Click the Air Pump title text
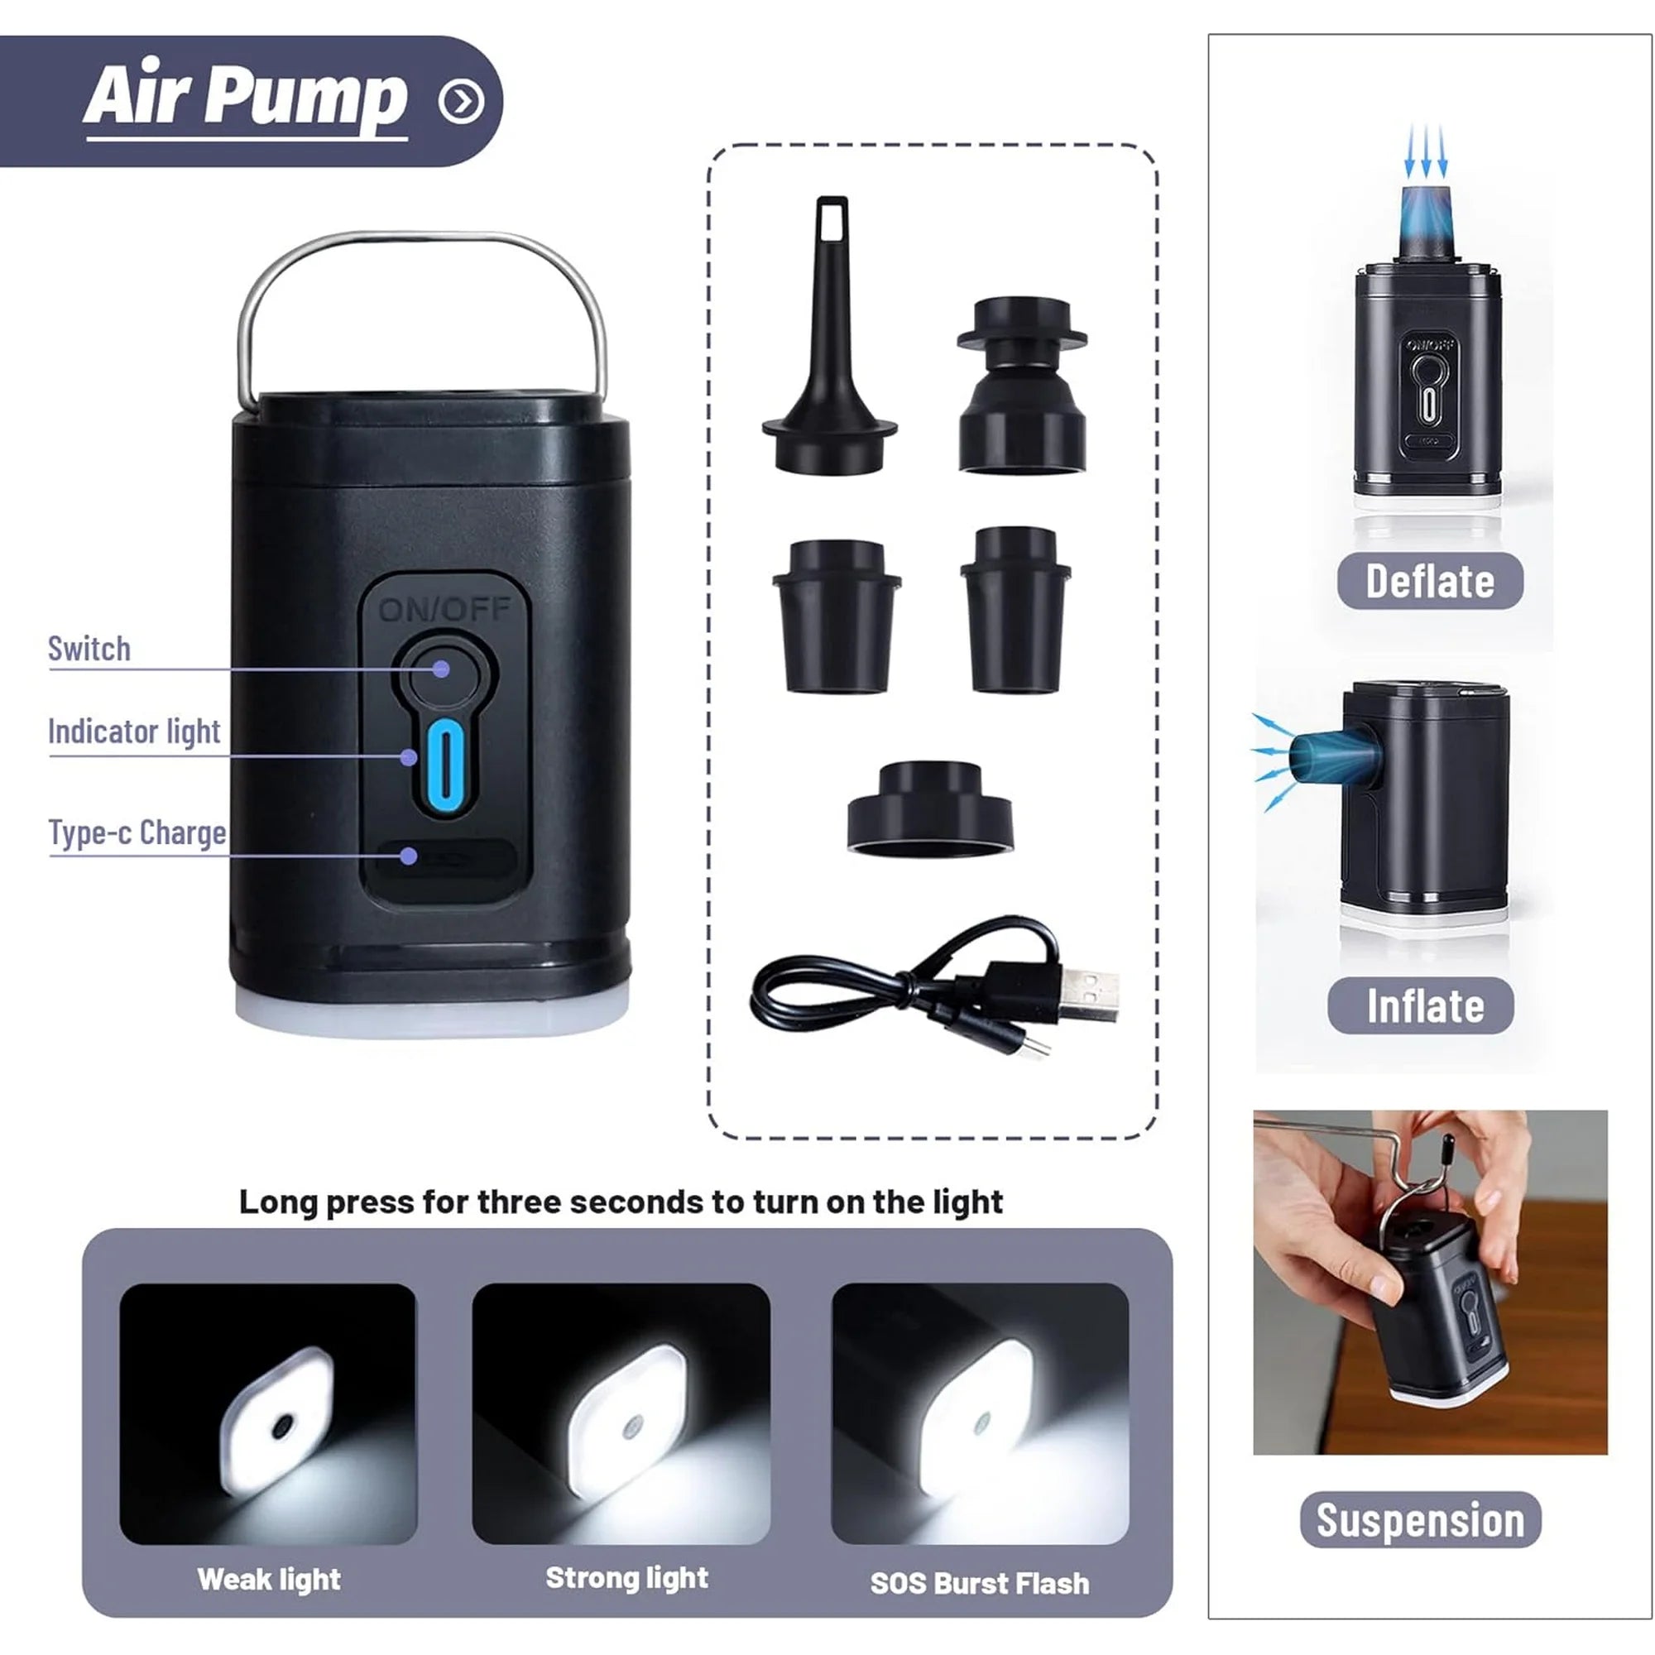tap(245, 96)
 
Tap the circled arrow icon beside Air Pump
tap(461, 102)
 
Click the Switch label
tap(89, 649)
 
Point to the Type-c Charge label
tap(137, 832)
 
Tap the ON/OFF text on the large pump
tap(444, 609)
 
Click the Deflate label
tap(1430, 582)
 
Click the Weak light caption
tap(269, 1579)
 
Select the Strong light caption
tap(627, 1578)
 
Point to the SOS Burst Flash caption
tap(980, 1583)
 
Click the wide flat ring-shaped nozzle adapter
tap(930, 808)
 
